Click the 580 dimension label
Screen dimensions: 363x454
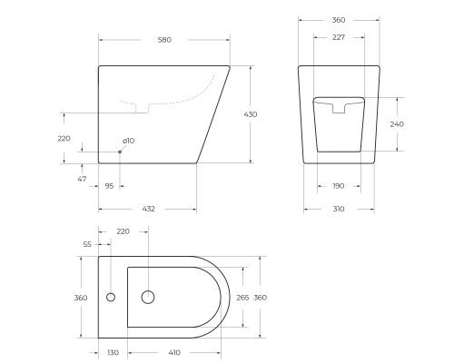point(163,40)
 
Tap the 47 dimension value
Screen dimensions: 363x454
point(83,180)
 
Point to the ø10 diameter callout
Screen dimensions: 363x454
point(128,141)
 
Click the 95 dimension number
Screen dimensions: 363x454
point(109,185)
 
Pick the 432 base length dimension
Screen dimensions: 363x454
point(148,209)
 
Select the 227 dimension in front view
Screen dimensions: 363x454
point(338,37)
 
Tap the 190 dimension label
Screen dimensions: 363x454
point(338,185)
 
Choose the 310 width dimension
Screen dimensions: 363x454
point(338,209)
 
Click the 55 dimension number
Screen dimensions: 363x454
point(87,245)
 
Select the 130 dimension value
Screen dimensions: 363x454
point(113,352)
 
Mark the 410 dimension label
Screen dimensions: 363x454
point(173,352)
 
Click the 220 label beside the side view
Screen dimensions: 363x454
point(64,138)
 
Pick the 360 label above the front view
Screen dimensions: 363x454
point(338,20)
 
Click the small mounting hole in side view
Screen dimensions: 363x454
point(120,152)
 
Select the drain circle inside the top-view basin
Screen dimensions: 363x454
point(149,297)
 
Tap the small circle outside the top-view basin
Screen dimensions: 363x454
point(111,297)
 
